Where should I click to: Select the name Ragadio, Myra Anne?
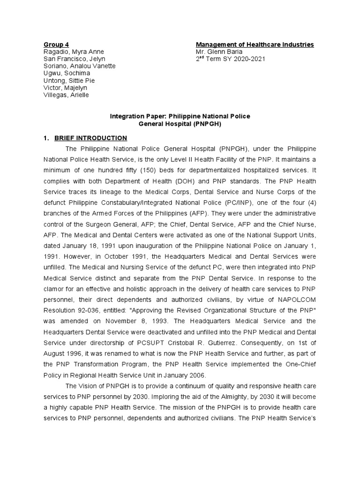[x=74, y=51]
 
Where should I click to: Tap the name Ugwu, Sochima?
[x=67, y=73]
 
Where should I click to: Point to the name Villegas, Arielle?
[x=66, y=95]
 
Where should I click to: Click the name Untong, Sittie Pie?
[x=69, y=80]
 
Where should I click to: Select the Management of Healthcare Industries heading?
[x=255, y=44]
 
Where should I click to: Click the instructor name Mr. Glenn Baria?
[x=219, y=51]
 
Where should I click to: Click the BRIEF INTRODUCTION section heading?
[x=90, y=138]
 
